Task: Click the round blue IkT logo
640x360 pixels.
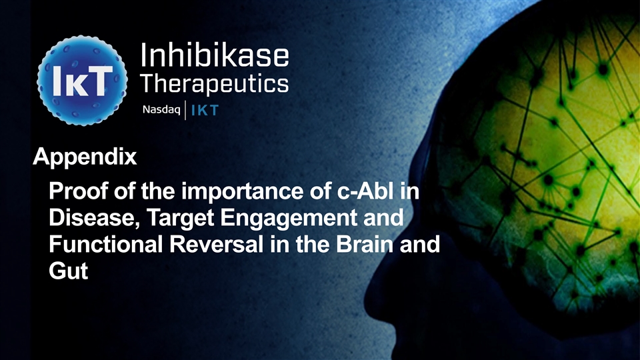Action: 82,80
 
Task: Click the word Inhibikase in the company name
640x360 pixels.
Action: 214,55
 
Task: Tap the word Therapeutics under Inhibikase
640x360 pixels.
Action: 214,85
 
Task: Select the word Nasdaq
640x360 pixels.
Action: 161,110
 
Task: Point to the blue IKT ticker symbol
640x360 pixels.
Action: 205,110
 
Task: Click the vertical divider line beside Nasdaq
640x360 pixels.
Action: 185,110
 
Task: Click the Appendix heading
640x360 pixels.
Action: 85,157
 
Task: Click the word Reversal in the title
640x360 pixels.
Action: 216,244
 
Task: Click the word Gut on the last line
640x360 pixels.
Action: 68,271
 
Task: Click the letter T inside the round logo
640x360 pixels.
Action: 101,81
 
